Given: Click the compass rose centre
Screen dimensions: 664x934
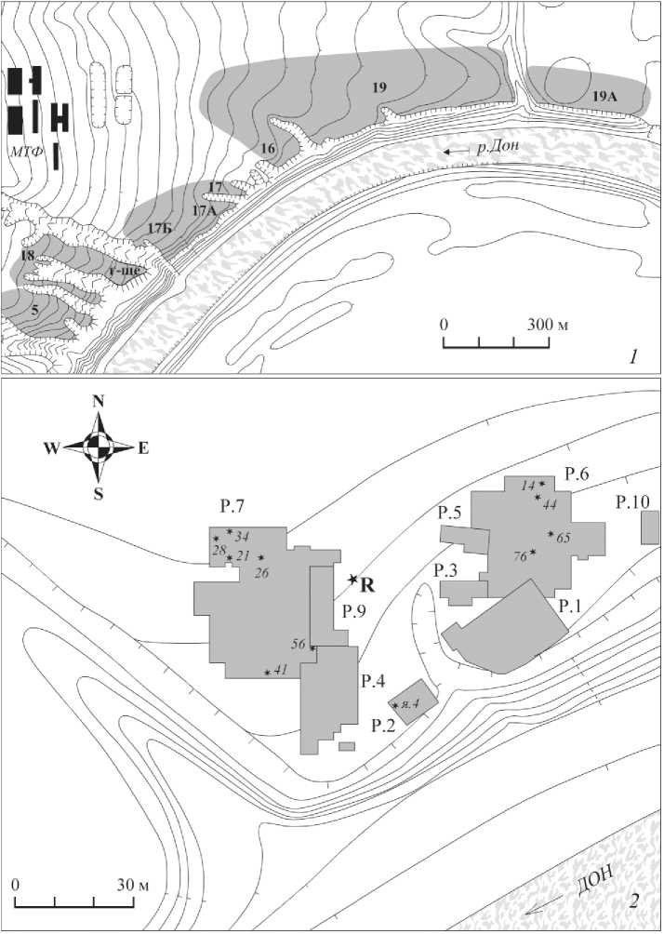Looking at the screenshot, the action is [x=97, y=447].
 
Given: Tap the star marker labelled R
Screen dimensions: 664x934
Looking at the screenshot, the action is [x=352, y=580].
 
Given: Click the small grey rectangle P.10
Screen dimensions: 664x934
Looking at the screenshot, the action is [x=650, y=527].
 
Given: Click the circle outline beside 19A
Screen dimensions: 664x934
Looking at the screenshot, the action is [x=571, y=83].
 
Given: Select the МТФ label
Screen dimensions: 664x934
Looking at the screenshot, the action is [x=25, y=148].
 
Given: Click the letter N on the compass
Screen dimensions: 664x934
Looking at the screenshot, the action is [x=98, y=402].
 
